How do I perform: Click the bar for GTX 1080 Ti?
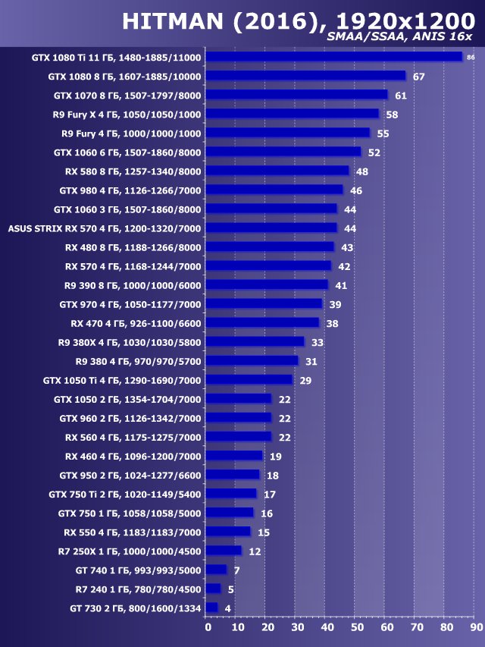pyautogui.click(x=333, y=57)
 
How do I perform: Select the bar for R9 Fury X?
pyautogui.click(x=292, y=114)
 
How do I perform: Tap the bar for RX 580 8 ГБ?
pyautogui.click(x=277, y=171)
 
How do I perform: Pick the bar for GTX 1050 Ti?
pyautogui.click(x=249, y=379)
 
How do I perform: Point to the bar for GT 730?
pyautogui.click(x=211, y=608)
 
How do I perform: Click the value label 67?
pyautogui.click(x=418, y=77)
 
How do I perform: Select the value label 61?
pyautogui.click(x=401, y=96)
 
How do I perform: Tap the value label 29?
pyautogui.click(x=305, y=380)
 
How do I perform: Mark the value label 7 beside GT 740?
pyautogui.click(x=237, y=570)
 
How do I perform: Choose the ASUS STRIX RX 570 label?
pyautogui.click(x=105, y=228)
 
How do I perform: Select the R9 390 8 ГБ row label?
pyautogui.click(x=133, y=285)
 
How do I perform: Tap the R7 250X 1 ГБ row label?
pyautogui.click(x=130, y=551)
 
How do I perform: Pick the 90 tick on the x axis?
pyautogui.click(x=476, y=627)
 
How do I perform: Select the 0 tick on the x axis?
pyautogui.click(x=208, y=627)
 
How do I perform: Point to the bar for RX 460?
pyautogui.click(x=234, y=456)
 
